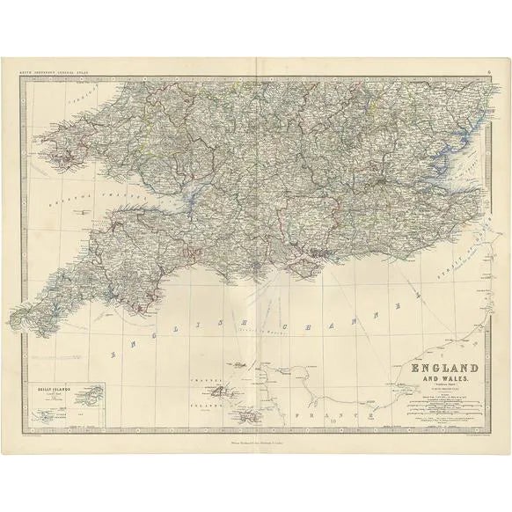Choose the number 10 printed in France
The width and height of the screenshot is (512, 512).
333,420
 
